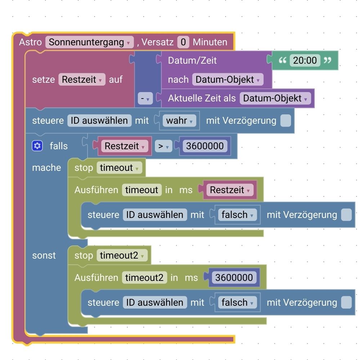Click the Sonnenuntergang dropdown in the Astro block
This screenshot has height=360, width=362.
click(x=89, y=42)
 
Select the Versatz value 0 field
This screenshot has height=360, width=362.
click(x=183, y=42)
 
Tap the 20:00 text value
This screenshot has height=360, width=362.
click(x=305, y=60)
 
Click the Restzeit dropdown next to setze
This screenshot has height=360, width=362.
click(x=82, y=79)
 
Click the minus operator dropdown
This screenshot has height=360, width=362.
click(x=146, y=98)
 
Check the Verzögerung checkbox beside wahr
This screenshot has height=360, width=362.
click(x=286, y=120)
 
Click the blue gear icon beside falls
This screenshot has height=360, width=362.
click(x=37, y=146)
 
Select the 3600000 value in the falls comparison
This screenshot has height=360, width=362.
click(x=205, y=146)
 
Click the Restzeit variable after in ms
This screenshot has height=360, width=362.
click(x=230, y=190)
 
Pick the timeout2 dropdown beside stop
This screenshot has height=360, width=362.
click(x=122, y=255)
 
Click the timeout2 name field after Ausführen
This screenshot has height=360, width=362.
click(x=144, y=278)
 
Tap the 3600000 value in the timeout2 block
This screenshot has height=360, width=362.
click(x=234, y=278)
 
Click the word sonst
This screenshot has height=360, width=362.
click(x=44, y=255)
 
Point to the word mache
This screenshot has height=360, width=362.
click(x=46, y=168)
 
